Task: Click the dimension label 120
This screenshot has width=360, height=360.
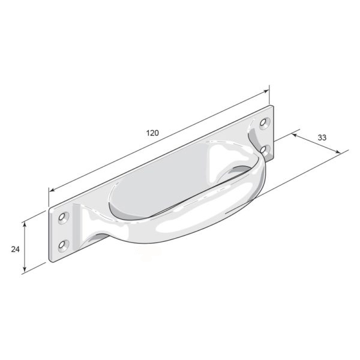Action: (152, 133)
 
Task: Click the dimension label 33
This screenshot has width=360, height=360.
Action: (322, 137)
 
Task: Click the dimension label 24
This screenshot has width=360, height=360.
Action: (16, 249)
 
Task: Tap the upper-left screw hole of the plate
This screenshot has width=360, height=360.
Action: (62, 217)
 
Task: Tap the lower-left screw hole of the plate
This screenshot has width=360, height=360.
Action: (62, 245)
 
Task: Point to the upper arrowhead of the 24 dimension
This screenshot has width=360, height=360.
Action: (25, 224)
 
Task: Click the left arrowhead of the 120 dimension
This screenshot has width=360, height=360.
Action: (52, 190)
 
